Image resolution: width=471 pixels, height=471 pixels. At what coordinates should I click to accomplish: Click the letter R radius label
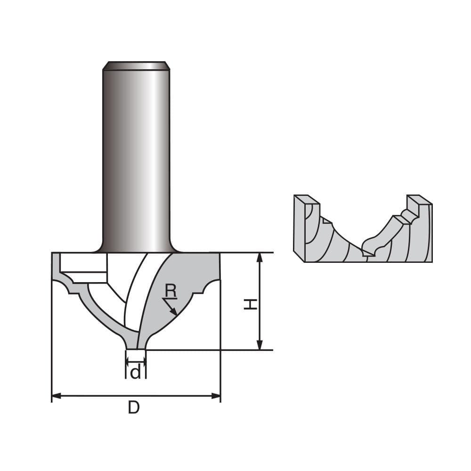point(171,292)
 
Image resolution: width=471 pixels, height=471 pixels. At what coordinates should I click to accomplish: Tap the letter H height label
point(251,304)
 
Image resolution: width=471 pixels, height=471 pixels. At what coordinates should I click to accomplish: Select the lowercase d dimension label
point(135,373)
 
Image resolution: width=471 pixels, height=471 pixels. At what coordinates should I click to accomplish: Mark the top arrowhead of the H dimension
point(259,257)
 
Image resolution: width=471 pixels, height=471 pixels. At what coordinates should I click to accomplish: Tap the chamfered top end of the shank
point(136,65)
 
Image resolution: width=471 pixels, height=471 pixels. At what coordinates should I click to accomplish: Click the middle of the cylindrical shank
point(136,155)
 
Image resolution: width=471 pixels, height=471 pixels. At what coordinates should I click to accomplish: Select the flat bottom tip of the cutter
point(136,349)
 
